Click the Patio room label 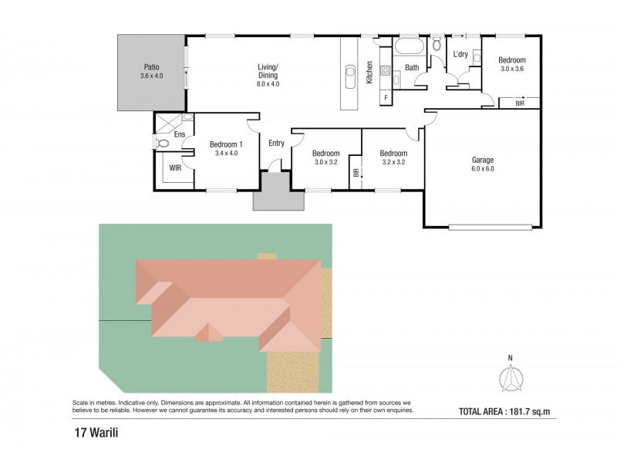coord(151,67)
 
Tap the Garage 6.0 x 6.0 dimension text coord(483,168)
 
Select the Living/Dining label coord(268,71)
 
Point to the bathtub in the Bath coord(410,46)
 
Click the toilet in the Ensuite coord(162,143)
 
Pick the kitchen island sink coord(350,76)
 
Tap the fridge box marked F coord(386,98)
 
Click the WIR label coord(175,168)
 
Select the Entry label coord(276,144)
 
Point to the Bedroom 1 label coord(226,144)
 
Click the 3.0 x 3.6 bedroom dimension coord(512,69)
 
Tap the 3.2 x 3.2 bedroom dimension coord(393,162)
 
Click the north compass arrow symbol coord(511,378)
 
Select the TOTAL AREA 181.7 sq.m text coord(504,411)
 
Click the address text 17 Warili coord(96,433)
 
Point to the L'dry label coord(460,54)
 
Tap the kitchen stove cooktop coord(385,71)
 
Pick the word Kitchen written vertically coord(369,73)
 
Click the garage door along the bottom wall coord(491,226)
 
